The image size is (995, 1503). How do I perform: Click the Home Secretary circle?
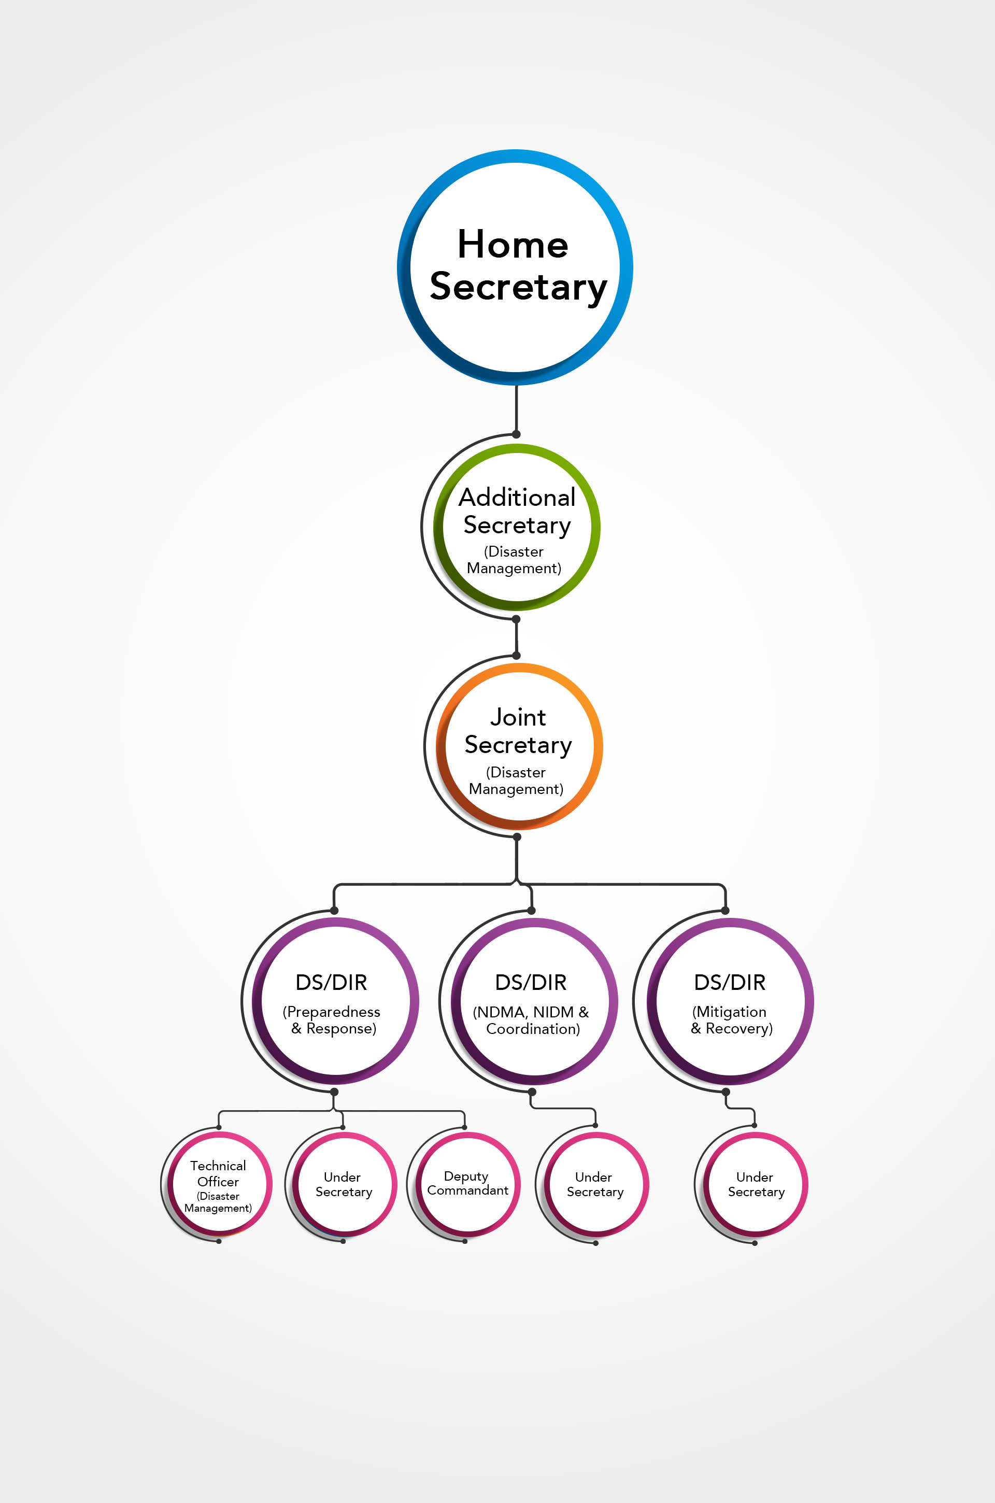point(515,267)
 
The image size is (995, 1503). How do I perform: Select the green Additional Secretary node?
point(517,527)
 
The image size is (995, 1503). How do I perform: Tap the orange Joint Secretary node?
point(519,747)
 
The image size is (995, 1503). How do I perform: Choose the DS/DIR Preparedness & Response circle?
point(335,1001)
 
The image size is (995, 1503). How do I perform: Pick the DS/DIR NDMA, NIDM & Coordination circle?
point(534,1002)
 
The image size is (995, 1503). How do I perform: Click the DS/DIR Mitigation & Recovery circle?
point(730,1002)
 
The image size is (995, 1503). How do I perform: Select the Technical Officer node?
point(219,1184)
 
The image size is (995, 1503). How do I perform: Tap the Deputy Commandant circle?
point(467,1184)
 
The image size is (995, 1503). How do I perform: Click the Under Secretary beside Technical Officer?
point(343,1184)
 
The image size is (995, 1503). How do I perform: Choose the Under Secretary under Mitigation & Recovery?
point(755,1184)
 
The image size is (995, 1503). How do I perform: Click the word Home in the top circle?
point(513,245)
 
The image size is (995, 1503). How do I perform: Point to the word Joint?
point(518,718)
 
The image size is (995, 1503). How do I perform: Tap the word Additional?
point(517,498)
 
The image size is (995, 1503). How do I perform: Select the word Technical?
point(218,1166)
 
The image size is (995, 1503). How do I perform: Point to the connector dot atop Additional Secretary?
point(517,435)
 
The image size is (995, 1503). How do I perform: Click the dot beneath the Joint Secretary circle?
point(517,837)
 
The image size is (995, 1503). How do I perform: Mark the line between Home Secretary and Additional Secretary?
point(517,409)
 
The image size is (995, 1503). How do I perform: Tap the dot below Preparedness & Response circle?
point(334,1092)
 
